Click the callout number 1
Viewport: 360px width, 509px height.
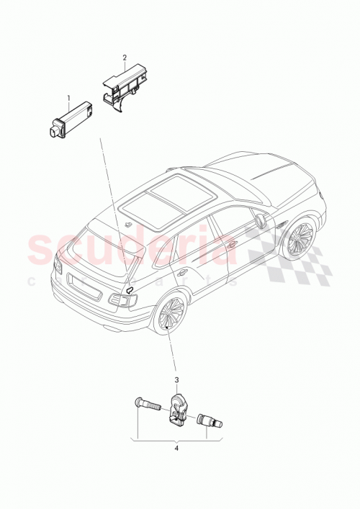click(x=69, y=96)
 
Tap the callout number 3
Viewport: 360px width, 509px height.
click(x=174, y=379)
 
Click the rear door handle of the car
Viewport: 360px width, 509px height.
click(x=184, y=271)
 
